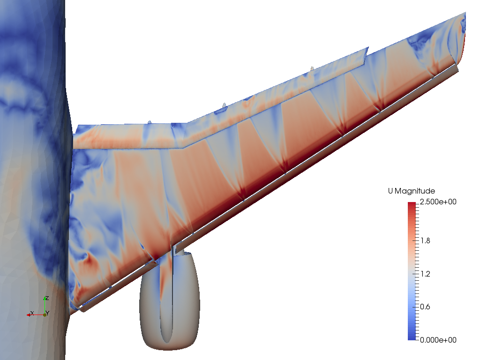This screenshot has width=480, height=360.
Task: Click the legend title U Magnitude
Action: pos(412,191)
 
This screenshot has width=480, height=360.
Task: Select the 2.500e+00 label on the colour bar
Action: pos(438,202)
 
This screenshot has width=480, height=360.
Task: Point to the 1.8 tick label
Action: pos(426,240)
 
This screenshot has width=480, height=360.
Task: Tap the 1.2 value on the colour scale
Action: pos(426,274)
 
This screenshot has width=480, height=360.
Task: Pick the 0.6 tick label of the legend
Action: pos(425,307)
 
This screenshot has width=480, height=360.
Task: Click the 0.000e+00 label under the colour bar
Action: pos(438,340)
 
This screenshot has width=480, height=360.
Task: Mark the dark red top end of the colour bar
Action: pos(412,204)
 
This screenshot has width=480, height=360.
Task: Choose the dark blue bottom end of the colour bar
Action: pos(412,338)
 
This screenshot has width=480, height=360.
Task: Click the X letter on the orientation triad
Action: pos(32,313)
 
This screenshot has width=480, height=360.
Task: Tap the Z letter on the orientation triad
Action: pos(47,298)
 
